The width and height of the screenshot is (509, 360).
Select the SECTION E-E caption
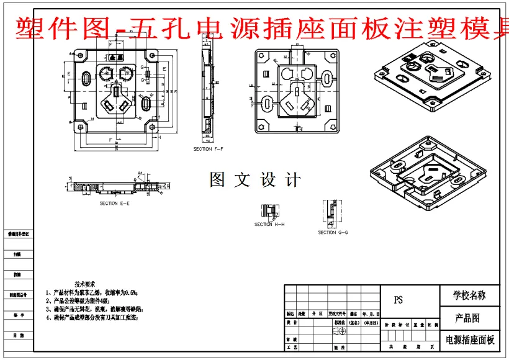(x=115, y=203)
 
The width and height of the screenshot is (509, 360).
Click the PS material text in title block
(x=399, y=300)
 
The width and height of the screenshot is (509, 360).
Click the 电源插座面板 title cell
(x=470, y=340)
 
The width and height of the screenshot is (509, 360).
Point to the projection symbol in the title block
(x=341, y=331)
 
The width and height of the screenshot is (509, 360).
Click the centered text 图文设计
(x=255, y=180)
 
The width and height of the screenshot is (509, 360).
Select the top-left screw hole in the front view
(x=81, y=56)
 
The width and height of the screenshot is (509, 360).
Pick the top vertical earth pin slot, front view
(x=116, y=91)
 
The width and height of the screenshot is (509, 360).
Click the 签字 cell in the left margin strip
(x=18, y=315)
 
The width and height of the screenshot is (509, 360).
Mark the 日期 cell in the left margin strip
(x=18, y=335)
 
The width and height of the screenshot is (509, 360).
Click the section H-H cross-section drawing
(x=269, y=211)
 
